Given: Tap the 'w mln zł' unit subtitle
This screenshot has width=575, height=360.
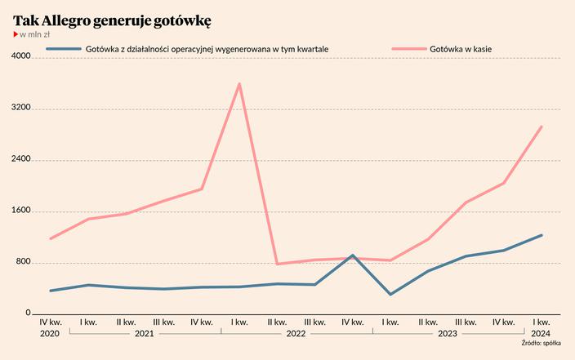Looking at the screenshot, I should coord(34,35).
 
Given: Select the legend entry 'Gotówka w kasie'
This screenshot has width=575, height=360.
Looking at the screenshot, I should coord(460,49).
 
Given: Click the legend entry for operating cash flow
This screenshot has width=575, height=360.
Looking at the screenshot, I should coord(207,49).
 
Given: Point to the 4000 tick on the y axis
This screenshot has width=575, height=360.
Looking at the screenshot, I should coord(20,57).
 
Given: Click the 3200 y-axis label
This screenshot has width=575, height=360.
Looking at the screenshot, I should coord(20,109).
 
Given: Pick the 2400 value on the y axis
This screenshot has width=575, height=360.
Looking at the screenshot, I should coord(20,160).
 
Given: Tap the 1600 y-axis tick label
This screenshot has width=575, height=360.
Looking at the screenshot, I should coord(20,211).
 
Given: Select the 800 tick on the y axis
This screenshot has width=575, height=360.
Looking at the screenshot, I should coord(22,262).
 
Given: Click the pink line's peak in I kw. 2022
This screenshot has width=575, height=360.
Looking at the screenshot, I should coord(239,83).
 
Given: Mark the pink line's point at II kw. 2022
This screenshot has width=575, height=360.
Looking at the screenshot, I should coord(277,264).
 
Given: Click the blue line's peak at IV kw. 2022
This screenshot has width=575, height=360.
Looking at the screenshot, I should coord(352,256).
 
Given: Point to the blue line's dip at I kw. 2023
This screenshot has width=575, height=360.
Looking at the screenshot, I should coord(390,294).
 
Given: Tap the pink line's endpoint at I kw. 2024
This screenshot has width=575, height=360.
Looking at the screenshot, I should coord(542,127).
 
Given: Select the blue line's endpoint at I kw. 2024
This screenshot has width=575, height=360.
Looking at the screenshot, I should coord(542,235).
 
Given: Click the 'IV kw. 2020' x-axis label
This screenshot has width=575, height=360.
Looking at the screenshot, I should coord(50,327).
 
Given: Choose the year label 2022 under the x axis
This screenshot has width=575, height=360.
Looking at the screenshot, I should coord(296,333).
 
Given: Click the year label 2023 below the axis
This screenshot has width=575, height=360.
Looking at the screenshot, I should coord(448,333).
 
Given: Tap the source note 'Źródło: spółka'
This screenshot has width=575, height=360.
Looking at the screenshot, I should coord(542,344).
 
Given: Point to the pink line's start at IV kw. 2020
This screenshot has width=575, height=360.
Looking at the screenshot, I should coord(51,238).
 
